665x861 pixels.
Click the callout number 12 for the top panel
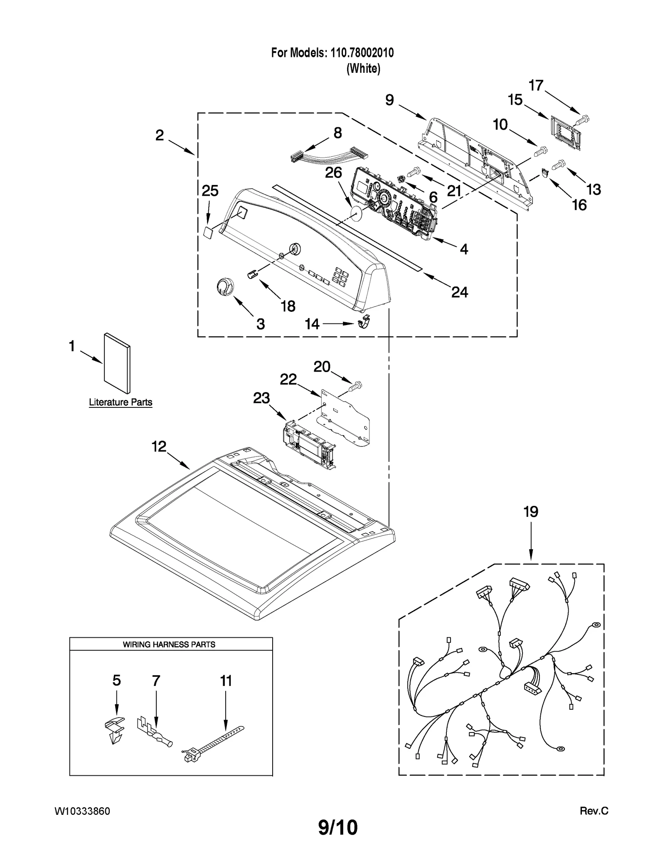click(159, 447)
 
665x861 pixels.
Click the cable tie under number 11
click(213, 747)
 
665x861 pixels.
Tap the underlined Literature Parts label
click(121, 402)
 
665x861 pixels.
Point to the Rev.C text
click(594, 811)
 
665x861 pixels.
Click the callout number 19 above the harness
click(531, 512)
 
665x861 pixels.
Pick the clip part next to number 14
click(365, 321)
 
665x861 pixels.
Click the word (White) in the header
click(363, 68)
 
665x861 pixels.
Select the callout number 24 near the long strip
click(459, 292)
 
